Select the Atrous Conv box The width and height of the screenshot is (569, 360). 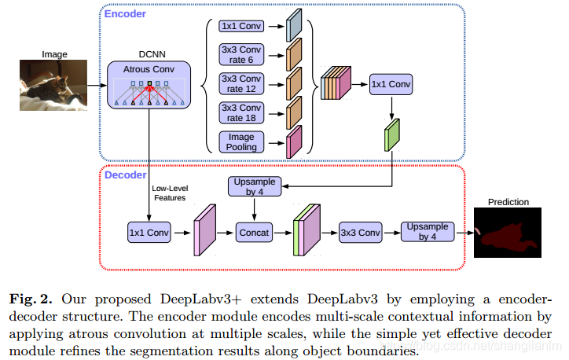tap(148, 86)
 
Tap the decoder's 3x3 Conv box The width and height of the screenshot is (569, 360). tap(360, 233)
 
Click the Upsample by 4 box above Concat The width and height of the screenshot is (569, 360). tap(253, 188)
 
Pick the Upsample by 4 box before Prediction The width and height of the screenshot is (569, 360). tap(428, 232)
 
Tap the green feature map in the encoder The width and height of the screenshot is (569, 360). tap(392, 134)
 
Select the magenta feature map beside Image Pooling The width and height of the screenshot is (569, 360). tap(294, 141)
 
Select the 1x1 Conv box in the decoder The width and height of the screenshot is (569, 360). tap(149, 233)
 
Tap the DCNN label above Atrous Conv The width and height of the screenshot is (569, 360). tap(148, 56)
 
